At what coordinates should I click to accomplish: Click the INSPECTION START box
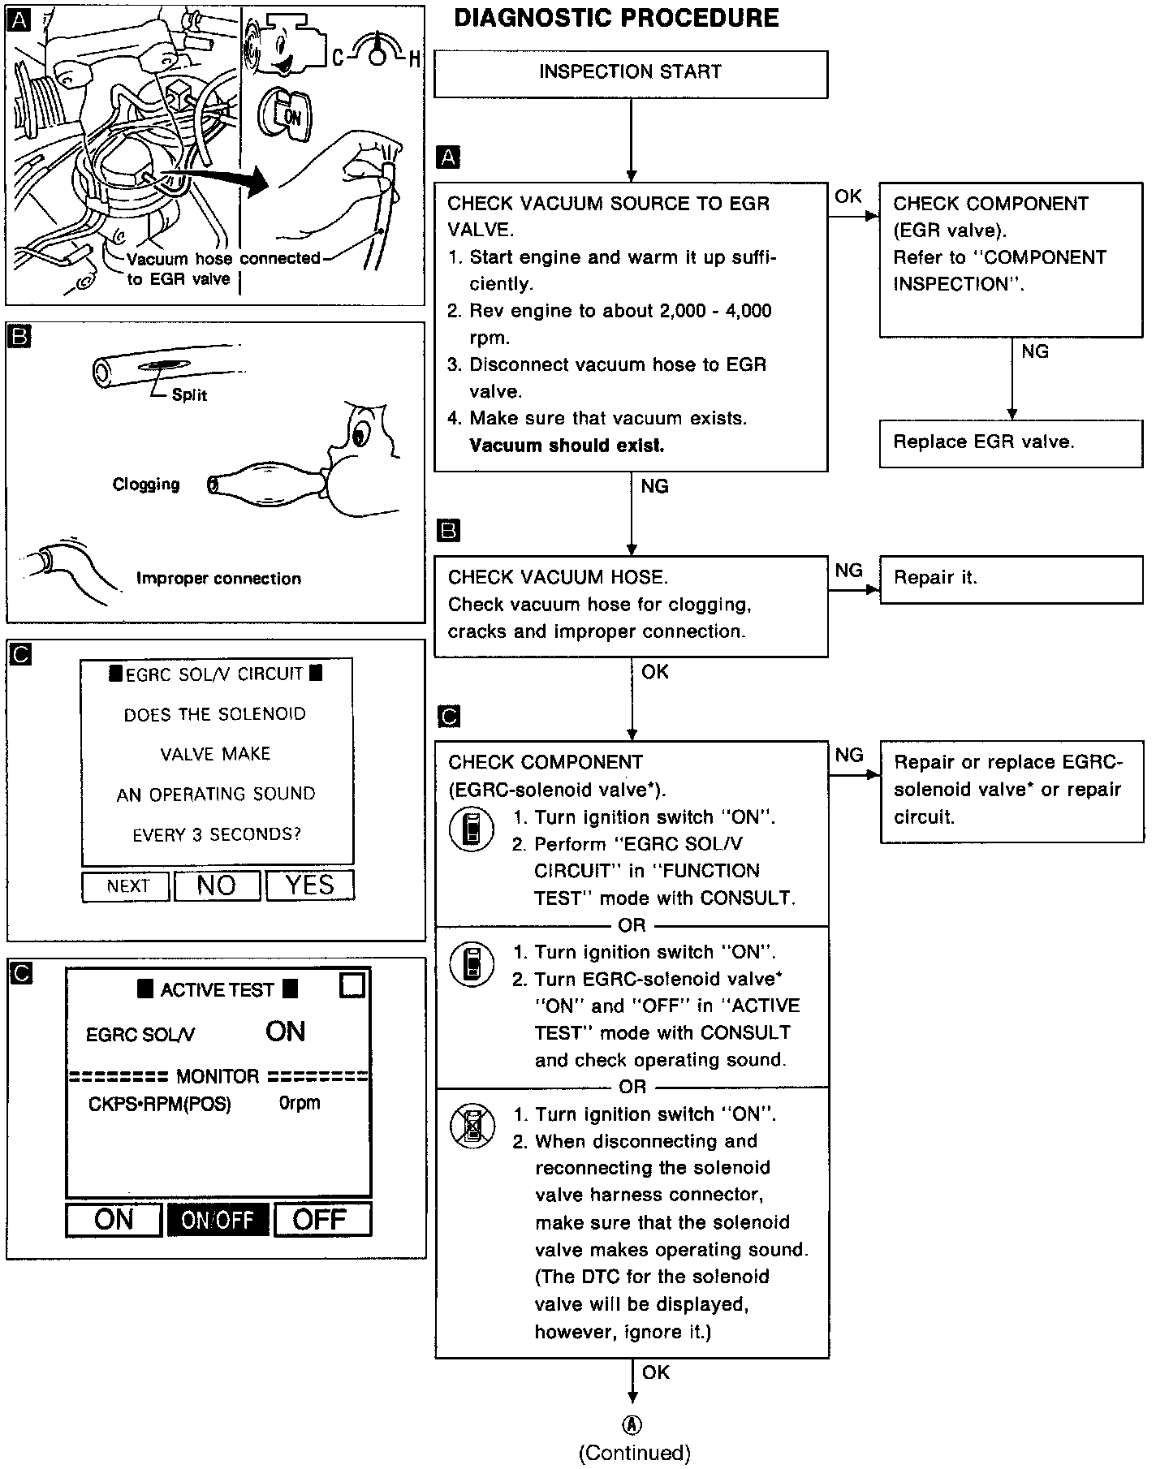631,73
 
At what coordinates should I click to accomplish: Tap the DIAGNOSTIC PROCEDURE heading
616,18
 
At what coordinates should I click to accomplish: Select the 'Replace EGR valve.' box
1011,443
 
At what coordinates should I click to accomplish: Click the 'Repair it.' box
1011,579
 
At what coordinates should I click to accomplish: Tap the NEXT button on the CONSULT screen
127,886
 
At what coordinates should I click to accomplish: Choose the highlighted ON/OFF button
218,1220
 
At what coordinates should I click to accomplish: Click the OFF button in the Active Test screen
321,1220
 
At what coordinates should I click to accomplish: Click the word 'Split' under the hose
189,395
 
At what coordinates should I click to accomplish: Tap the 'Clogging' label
146,485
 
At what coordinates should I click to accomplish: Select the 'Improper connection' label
218,579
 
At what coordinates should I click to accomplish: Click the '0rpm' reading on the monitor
300,1104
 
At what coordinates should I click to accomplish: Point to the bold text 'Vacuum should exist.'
567,446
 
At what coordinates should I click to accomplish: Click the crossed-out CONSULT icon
472,1126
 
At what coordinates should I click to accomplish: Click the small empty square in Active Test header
352,985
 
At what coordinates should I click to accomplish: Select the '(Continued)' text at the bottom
634,1453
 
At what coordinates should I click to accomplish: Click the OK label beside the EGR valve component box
848,196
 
